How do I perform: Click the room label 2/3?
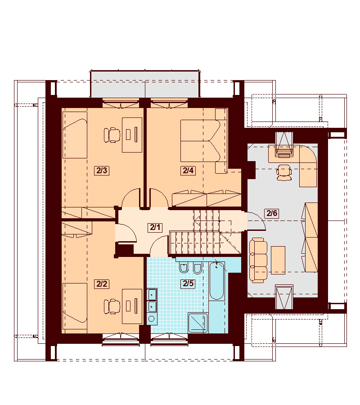[102, 171]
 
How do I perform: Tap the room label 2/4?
[188, 171]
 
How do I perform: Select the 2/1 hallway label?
[155, 227]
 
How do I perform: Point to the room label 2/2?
[102, 284]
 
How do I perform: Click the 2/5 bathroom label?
[188, 283]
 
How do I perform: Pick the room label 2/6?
[272, 213]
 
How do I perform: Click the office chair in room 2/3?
[112, 135]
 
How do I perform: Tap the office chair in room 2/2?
[112, 306]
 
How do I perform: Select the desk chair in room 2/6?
[284, 172]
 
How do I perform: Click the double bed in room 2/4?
[200, 140]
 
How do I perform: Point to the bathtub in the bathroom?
[216, 281]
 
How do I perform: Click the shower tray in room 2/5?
[198, 323]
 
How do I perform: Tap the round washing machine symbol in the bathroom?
[152, 319]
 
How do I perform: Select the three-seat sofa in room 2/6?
[258, 261]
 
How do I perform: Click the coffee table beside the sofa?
[278, 260]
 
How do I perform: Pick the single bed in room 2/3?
[75, 135]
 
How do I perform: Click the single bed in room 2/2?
[75, 306]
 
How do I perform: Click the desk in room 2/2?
[132, 306]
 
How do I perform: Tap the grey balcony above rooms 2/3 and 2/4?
[145, 84]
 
